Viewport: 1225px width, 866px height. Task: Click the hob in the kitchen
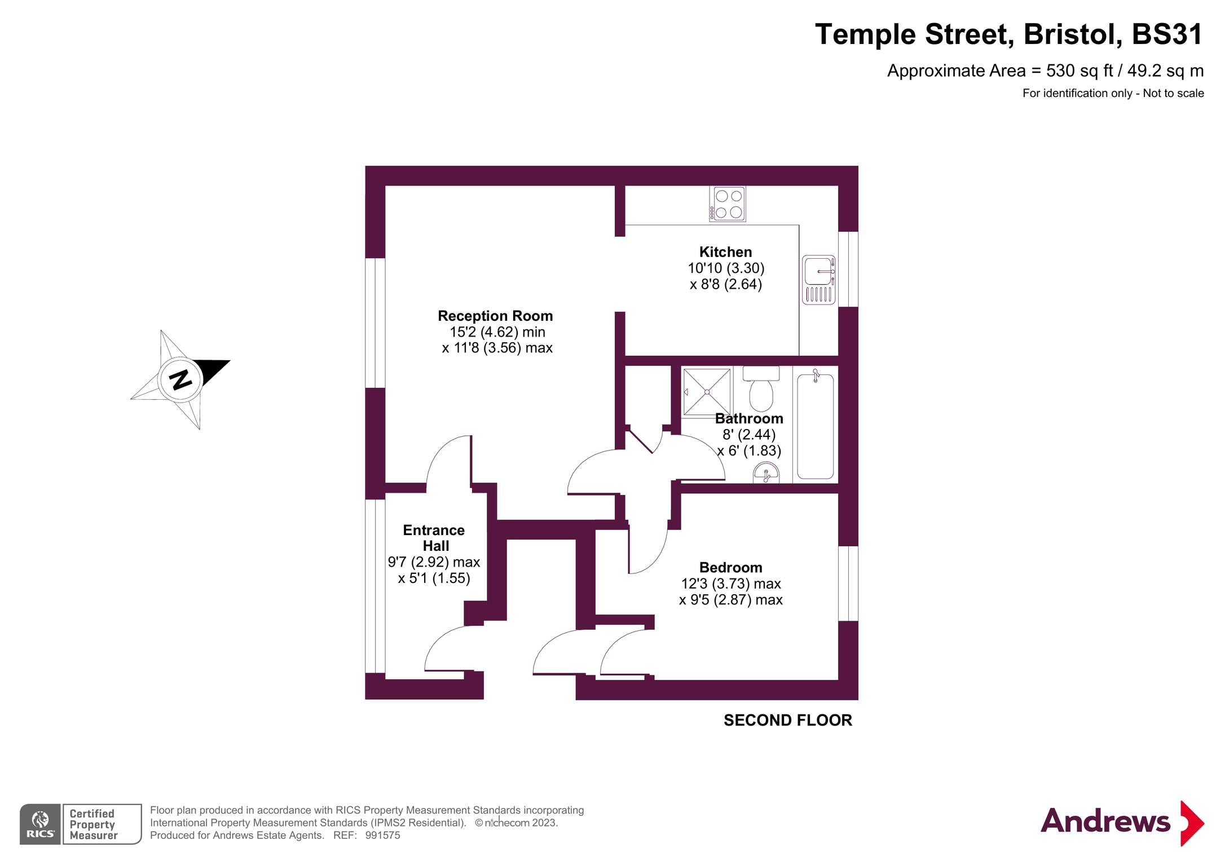[727, 204]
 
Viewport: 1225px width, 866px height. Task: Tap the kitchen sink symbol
[818, 280]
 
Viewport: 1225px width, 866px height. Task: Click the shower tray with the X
[707, 392]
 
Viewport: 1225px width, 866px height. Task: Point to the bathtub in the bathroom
[816, 426]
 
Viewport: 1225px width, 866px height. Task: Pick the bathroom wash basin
[766, 473]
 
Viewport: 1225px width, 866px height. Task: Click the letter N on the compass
[180, 379]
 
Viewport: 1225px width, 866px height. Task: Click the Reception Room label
[495, 316]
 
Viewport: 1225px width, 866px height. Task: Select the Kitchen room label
[725, 252]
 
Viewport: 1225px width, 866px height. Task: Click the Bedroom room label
[730, 567]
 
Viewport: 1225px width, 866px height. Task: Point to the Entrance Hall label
[434, 538]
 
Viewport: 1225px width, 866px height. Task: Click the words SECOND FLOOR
[787, 720]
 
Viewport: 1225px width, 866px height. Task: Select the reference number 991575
[382, 836]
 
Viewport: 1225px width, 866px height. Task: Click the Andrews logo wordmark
[1105, 821]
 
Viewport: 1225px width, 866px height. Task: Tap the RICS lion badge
[40, 824]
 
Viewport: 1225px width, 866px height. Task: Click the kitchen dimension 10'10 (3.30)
[726, 268]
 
